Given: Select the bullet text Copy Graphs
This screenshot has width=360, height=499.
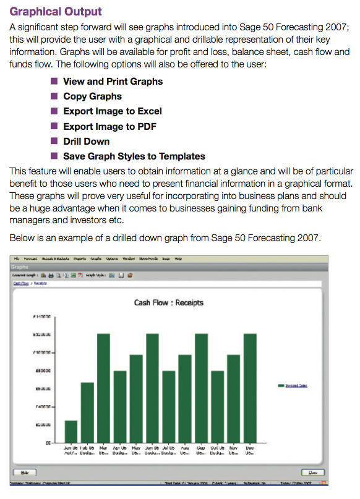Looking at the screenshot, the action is (x=92, y=96).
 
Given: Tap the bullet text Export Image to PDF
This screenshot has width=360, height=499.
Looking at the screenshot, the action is (x=109, y=126).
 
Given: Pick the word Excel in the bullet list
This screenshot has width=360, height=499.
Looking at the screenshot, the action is (x=148, y=111).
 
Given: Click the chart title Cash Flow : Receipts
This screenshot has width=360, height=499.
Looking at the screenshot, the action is (x=168, y=303).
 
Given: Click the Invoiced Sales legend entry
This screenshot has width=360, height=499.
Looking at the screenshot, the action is (x=296, y=385).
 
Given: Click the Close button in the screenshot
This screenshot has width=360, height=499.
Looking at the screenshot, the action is (x=313, y=472).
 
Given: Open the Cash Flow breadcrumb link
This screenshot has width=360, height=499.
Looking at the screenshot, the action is (x=20, y=283).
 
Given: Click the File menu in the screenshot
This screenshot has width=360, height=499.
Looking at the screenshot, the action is (x=17, y=258).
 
